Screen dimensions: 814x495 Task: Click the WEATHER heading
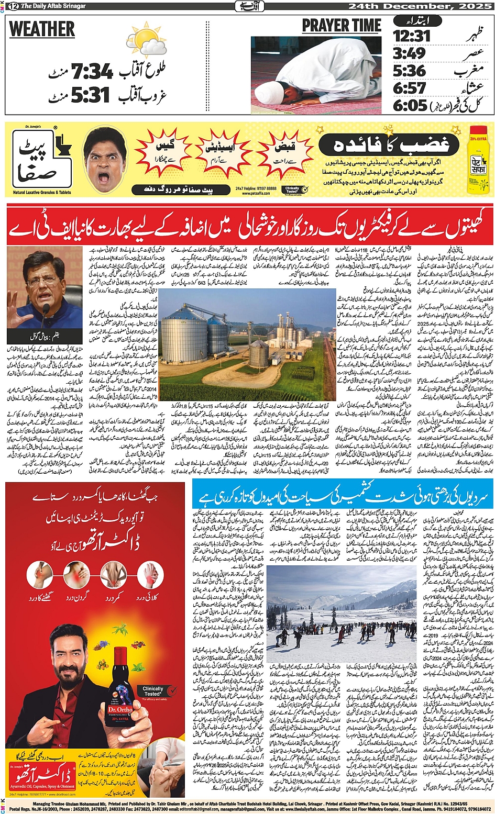[x=42, y=29]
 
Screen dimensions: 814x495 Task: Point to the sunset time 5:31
[x=90, y=95]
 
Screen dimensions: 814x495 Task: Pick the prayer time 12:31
[x=412, y=36]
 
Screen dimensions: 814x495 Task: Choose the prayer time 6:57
[x=410, y=87]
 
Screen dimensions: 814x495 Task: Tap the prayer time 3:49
[x=409, y=53]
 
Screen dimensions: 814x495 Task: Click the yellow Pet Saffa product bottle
[x=478, y=157]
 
